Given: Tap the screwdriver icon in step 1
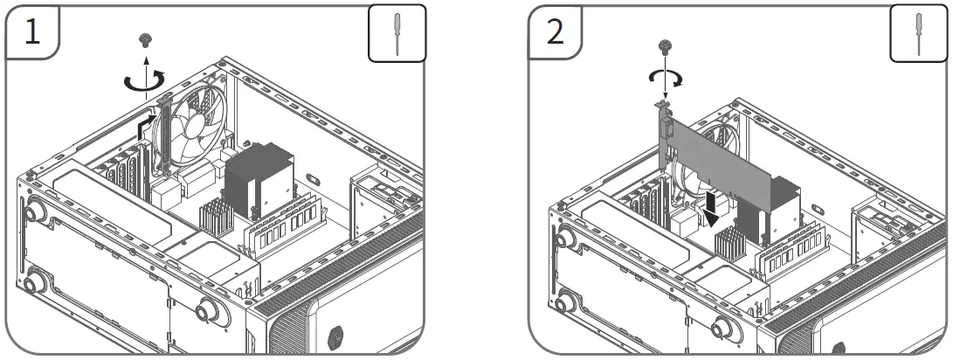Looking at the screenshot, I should coord(397,35).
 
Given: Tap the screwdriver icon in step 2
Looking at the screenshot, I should coord(919,35).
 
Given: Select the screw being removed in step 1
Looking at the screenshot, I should coord(146,38).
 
